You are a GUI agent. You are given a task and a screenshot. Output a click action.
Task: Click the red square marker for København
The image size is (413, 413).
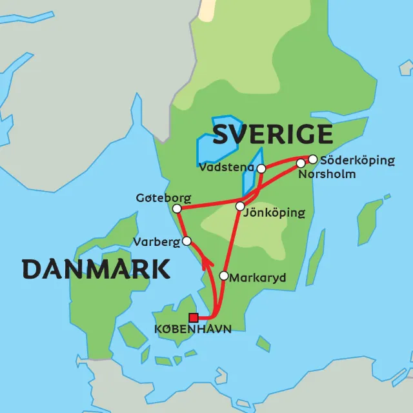[193, 317]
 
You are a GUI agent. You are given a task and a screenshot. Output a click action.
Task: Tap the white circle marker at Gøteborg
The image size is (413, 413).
[177, 208]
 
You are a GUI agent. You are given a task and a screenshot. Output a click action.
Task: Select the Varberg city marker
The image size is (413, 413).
[186, 241]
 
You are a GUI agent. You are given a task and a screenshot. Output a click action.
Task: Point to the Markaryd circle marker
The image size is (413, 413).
[224, 276]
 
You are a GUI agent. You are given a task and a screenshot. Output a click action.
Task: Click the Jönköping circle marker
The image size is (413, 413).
[240, 206]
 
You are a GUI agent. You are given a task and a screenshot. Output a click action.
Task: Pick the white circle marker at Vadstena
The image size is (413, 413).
[261, 168]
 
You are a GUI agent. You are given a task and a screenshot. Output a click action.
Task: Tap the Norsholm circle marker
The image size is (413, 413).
[301, 163]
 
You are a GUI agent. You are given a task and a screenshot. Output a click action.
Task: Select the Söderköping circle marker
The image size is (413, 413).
[313, 159]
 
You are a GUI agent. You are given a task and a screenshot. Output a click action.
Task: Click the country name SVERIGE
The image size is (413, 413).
[272, 135]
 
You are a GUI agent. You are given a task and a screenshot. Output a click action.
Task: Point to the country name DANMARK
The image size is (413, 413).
[96, 269]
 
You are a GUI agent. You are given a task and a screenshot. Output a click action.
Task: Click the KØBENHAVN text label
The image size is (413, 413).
[192, 329]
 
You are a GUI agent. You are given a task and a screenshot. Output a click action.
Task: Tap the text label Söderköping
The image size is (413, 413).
[357, 160]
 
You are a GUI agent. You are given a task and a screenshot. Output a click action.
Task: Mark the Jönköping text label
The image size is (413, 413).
[274, 213]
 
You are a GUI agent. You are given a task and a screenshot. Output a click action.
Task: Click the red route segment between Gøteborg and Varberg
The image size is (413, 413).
[181, 225]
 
